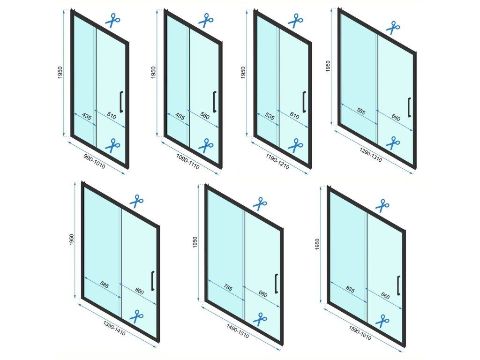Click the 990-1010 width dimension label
[94, 161]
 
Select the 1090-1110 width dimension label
[187, 161]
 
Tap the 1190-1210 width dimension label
[277, 161]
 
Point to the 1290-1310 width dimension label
[370, 155]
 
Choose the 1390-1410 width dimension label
[114, 328]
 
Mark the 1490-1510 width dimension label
[238, 331]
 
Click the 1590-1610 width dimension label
[360, 333]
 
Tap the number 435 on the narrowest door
[87, 116]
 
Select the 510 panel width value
[112, 116]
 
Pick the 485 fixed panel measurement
[180, 116]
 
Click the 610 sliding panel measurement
[294, 115]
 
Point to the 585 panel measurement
[361, 112]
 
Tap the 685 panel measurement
[105, 285]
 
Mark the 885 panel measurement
[350, 289]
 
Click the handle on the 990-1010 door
[121, 102]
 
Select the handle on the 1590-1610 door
[398, 285]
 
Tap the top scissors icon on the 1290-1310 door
[393, 27]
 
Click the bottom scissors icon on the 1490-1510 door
[260, 319]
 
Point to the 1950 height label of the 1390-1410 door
[71, 240]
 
